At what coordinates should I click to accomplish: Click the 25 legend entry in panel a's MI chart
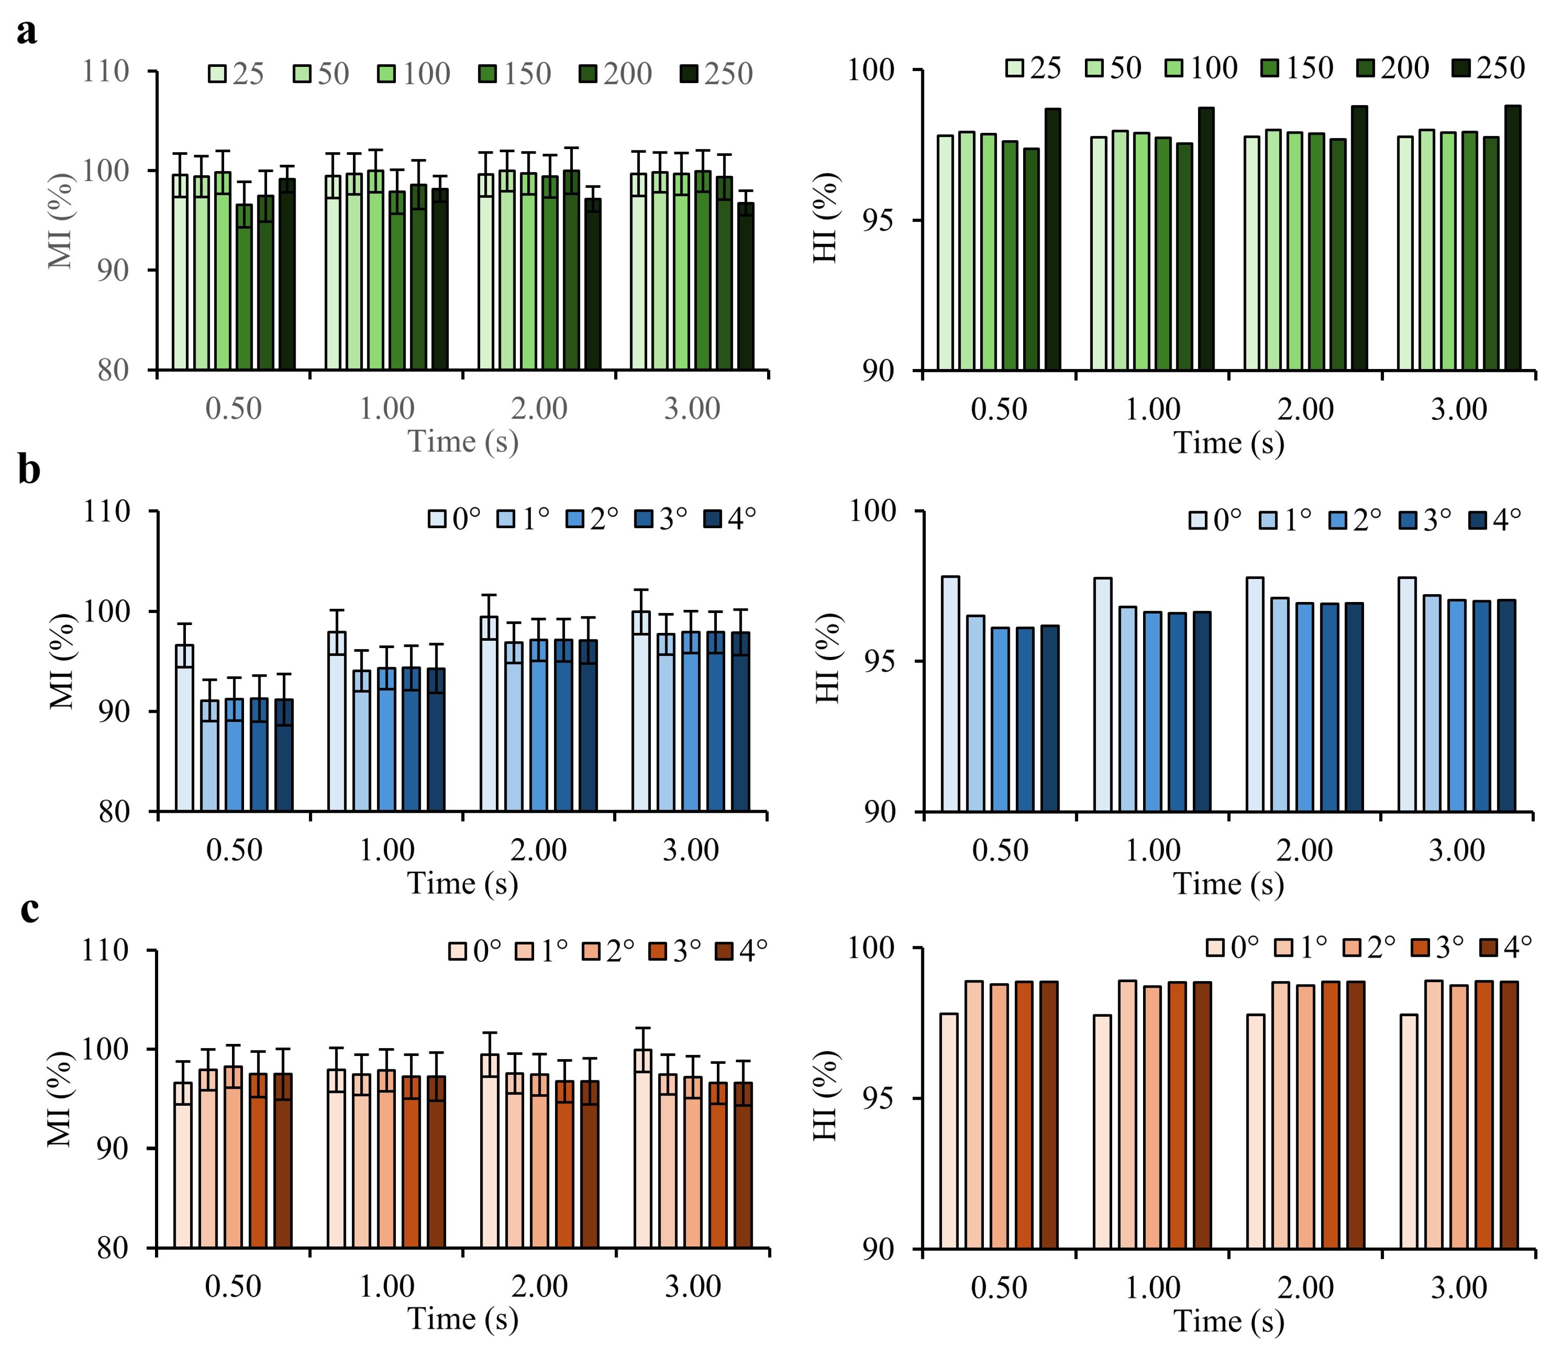tap(236, 74)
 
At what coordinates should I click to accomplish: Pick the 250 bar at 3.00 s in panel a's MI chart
tap(745, 286)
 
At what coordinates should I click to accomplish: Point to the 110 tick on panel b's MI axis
tap(106, 512)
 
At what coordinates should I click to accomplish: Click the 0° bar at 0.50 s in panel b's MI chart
tap(185, 727)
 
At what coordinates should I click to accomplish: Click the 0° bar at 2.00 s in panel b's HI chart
tap(1255, 695)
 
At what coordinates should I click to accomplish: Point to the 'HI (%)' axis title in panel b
tap(827, 659)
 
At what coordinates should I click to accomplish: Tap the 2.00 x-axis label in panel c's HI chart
tap(1305, 1287)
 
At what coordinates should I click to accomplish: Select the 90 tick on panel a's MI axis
tap(113, 271)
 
